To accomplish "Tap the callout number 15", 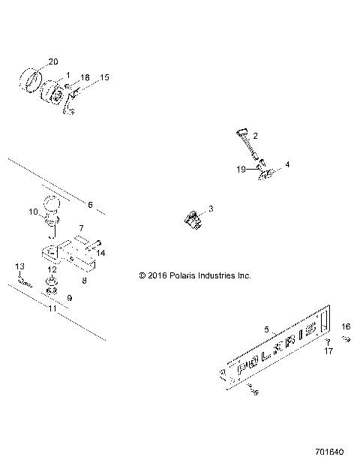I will click(104, 77).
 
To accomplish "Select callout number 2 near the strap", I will click(255, 135).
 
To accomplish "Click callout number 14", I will click(102, 254).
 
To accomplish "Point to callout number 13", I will click(20, 266).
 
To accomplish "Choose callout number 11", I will click(52, 308).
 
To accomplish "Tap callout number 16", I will click(346, 326).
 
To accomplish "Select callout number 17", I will click(328, 350).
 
